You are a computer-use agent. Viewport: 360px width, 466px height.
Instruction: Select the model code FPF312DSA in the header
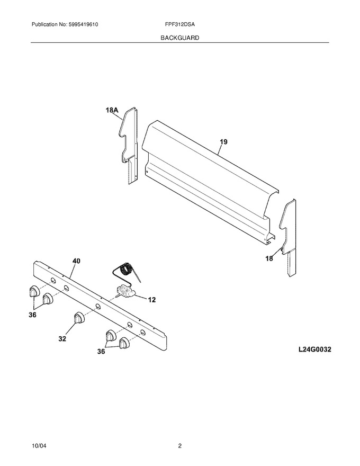pos(179,24)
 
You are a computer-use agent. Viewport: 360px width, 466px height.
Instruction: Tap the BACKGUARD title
pos(179,38)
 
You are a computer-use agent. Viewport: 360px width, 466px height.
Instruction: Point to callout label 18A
pos(112,110)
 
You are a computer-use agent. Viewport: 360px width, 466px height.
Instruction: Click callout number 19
pos(223,142)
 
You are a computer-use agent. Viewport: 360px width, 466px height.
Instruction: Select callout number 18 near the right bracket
pos(269,258)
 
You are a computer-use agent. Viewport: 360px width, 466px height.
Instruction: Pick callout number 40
pos(76,261)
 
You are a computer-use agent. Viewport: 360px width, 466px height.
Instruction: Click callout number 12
pos(152,300)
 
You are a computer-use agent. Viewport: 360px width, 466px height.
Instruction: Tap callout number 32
pos(62,338)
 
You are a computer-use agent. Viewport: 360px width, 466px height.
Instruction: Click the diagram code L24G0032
pos(315,349)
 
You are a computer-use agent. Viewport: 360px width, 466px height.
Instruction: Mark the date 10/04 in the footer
pos(39,446)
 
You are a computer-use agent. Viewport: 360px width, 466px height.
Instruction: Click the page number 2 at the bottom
pos(179,446)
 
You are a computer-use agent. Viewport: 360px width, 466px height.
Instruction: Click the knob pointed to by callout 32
pos(79,318)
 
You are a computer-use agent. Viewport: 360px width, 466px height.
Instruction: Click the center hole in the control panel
pos(98,307)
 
